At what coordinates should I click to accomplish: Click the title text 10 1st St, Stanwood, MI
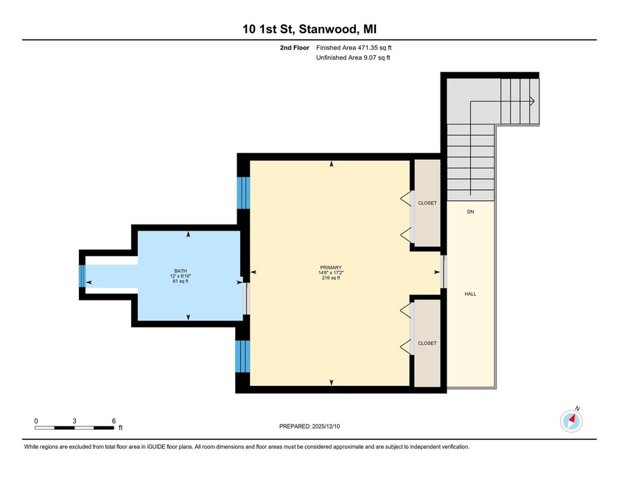tap(309, 29)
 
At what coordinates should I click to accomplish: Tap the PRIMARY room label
tap(331, 267)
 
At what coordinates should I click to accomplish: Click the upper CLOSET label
tap(427, 203)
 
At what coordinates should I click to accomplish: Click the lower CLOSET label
tap(427, 343)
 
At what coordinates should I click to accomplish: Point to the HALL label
tap(469, 293)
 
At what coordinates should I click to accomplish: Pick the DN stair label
tap(469, 212)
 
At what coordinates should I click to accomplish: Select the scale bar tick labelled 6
tap(113, 421)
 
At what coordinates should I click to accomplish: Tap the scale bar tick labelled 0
tap(36, 421)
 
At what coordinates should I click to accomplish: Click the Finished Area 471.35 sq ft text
tap(359, 48)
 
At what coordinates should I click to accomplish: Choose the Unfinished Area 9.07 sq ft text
tap(353, 57)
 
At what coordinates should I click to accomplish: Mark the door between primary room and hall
tap(444, 272)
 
